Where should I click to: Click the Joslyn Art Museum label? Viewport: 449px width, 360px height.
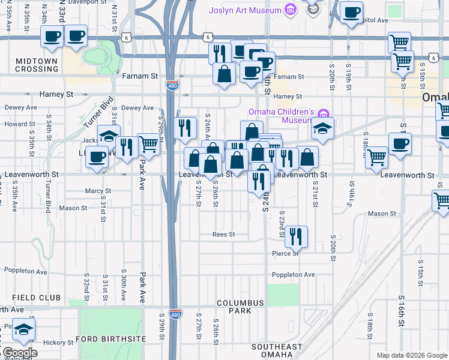tap(245, 10)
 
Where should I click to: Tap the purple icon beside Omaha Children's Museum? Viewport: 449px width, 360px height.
tap(324, 113)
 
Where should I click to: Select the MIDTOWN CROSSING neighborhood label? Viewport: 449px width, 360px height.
tap(37, 65)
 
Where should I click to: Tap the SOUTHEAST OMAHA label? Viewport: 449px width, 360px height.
tap(277, 350)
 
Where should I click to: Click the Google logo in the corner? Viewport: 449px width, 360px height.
tap(19, 353)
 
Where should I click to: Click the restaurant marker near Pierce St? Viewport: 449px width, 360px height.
tap(295, 236)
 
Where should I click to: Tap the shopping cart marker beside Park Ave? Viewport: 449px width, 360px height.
tap(149, 143)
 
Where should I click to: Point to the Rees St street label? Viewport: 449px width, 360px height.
tap(223, 235)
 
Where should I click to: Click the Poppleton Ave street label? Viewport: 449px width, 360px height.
tap(294, 274)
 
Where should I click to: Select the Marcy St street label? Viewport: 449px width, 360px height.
tap(98, 191)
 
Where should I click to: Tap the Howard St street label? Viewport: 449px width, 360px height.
tap(16, 124)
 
